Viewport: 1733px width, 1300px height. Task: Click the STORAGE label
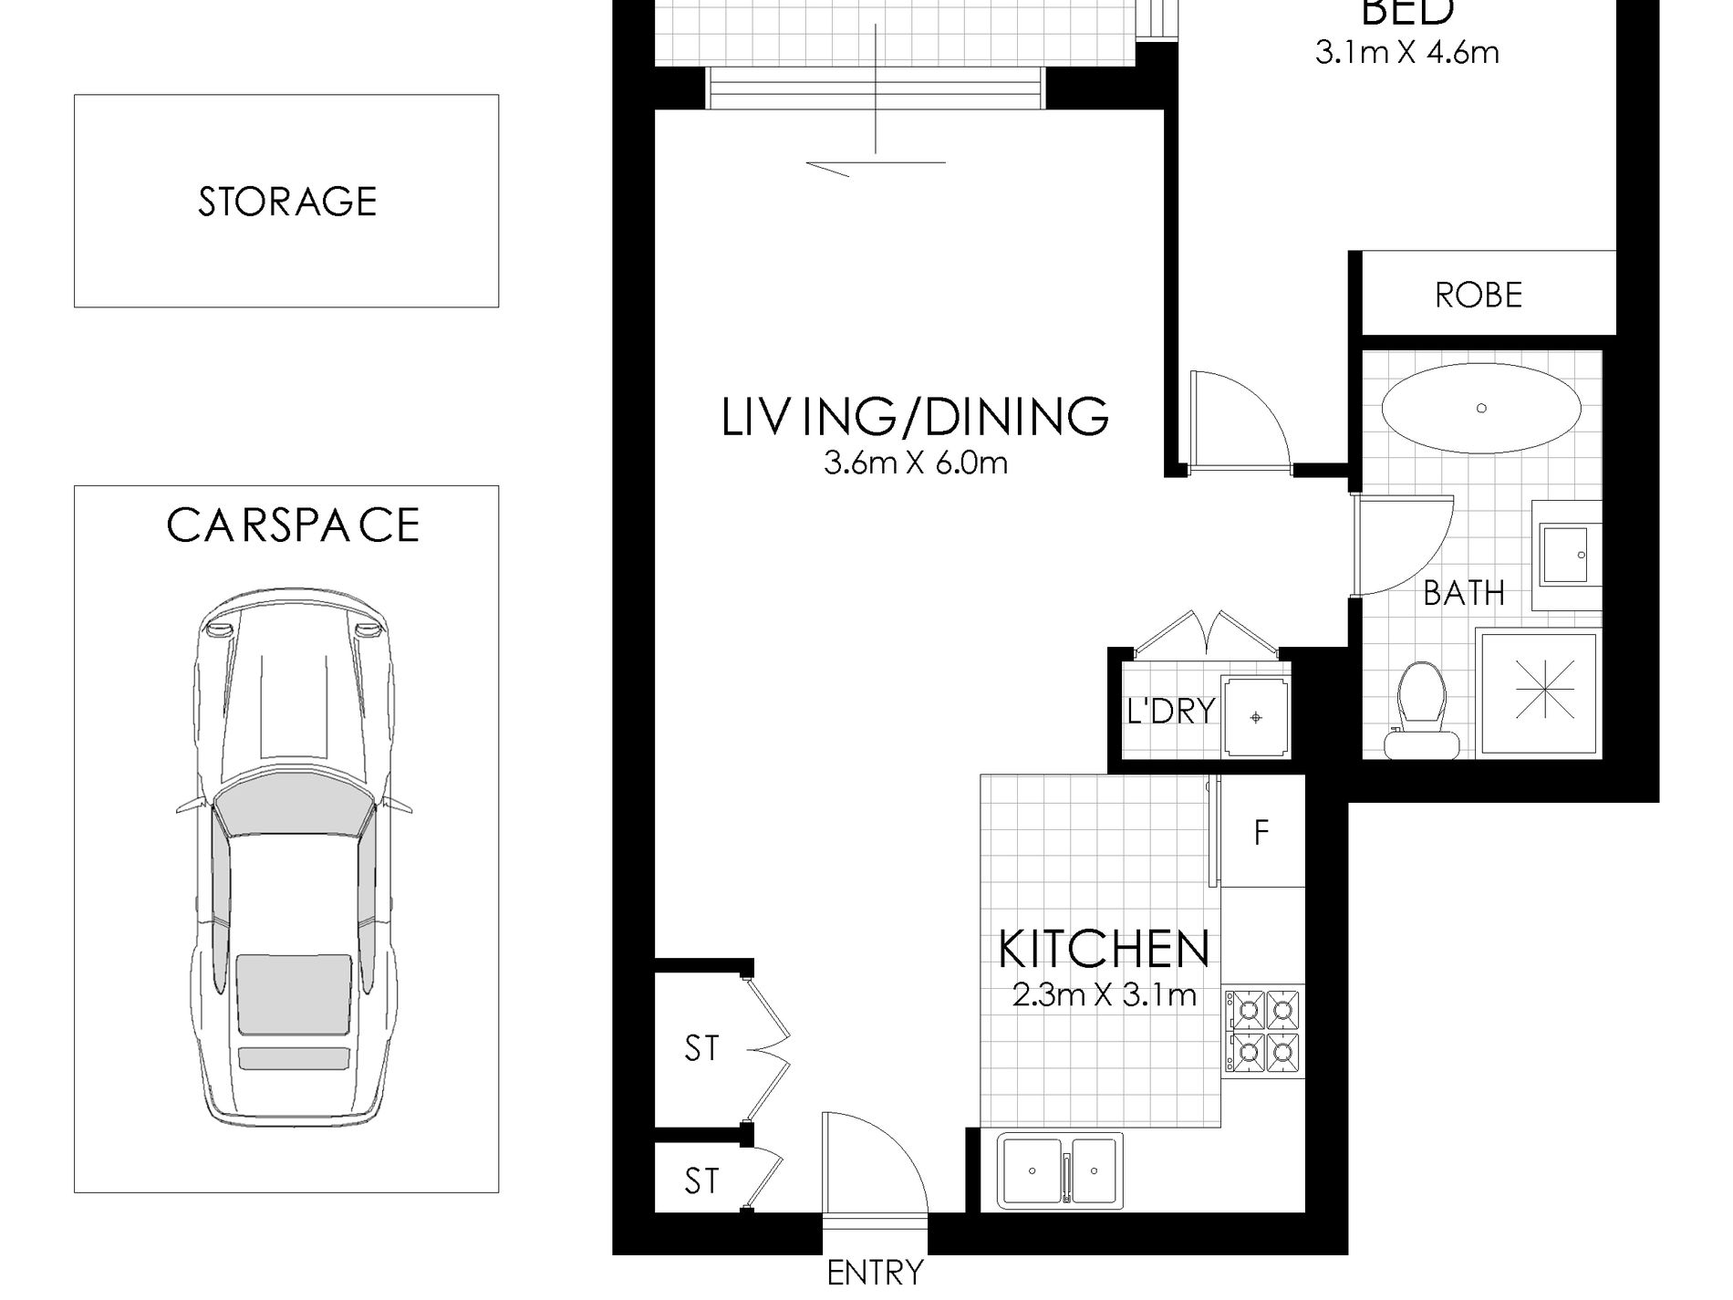pyautogui.click(x=287, y=202)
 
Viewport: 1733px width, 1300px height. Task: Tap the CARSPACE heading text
pyautogui.click(x=293, y=525)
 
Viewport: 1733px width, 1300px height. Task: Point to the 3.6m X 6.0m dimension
pyautogui.click(x=915, y=463)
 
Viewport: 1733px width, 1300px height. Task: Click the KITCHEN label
pyautogui.click(x=1104, y=949)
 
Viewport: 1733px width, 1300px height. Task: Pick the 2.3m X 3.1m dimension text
pyautogui.click(x=1104, y=994)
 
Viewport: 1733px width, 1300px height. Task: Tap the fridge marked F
pyautogui.click(x=1262, y=831)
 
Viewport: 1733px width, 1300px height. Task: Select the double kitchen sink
pyautogui.click(x=1060, y=1170)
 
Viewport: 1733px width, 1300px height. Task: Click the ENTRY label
pyautogui.click(x=875, y=1272)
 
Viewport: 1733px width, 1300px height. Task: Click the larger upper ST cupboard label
pyautogui.click(x=701, y=1049)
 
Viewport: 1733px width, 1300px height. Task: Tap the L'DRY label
pyautogui.click(x=1171, y=710)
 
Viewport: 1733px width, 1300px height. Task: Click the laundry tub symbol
pyautogui.click(x=1256, y=716)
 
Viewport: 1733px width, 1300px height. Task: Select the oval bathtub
pyautogui.click(x=1480, y=409)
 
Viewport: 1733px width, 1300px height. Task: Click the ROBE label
pyautogui.click(x=1479, y=296)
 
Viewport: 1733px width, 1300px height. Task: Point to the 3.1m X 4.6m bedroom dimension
pyautogui.click(x=1406, y=53)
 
